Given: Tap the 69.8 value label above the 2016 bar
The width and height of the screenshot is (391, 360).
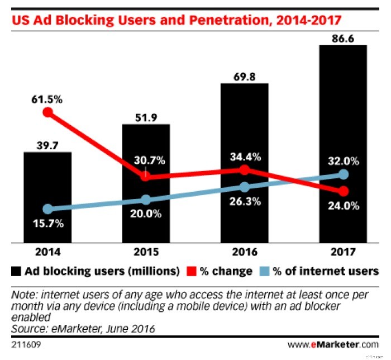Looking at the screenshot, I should coord(244,75).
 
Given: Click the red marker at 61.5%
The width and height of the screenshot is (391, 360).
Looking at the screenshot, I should coord(48,112).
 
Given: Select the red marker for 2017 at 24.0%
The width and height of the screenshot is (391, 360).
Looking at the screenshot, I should coord(344,191).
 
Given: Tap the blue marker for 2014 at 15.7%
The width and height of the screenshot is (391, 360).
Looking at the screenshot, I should coord(48,209).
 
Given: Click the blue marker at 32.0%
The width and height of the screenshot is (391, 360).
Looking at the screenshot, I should coord(344,175).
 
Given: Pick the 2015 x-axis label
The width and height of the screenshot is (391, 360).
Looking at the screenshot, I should coord(146,253).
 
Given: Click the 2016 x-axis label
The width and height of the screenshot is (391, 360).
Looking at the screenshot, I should coord(244,253).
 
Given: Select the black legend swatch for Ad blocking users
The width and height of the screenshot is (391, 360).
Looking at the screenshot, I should coord(16,272).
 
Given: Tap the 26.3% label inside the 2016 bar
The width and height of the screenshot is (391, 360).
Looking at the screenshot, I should coord(244,202).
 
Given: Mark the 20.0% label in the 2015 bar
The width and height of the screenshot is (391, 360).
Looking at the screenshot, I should coord(146,214).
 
